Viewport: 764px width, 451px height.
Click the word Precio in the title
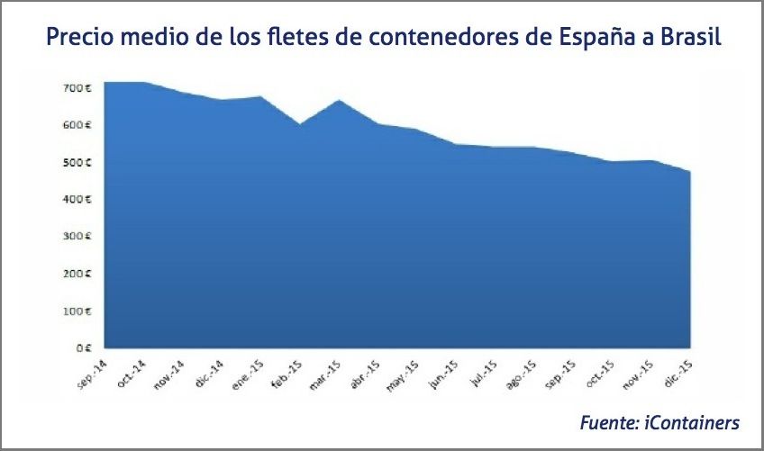click(x=78, y=39)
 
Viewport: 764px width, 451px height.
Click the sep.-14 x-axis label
click(x=93, y=371)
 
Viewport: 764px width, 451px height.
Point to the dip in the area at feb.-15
click(x=300, y=124)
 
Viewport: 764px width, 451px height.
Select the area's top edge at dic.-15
click(x=689, y=172)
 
